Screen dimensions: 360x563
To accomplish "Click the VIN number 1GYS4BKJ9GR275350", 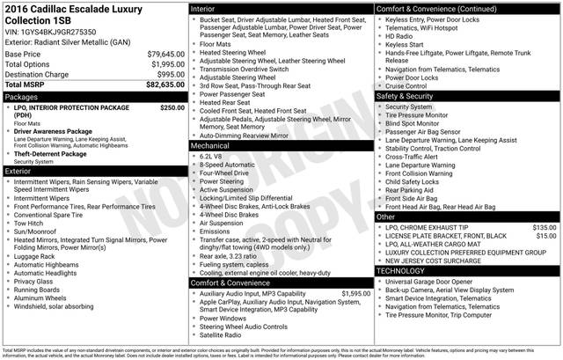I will click(61, 30).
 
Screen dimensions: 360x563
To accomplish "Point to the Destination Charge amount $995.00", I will click(166, 74).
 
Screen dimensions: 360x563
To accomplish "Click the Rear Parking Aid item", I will click(413, 190).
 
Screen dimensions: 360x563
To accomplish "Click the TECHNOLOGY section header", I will click(400, 270).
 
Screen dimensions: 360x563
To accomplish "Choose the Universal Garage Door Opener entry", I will click(436, 282).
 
